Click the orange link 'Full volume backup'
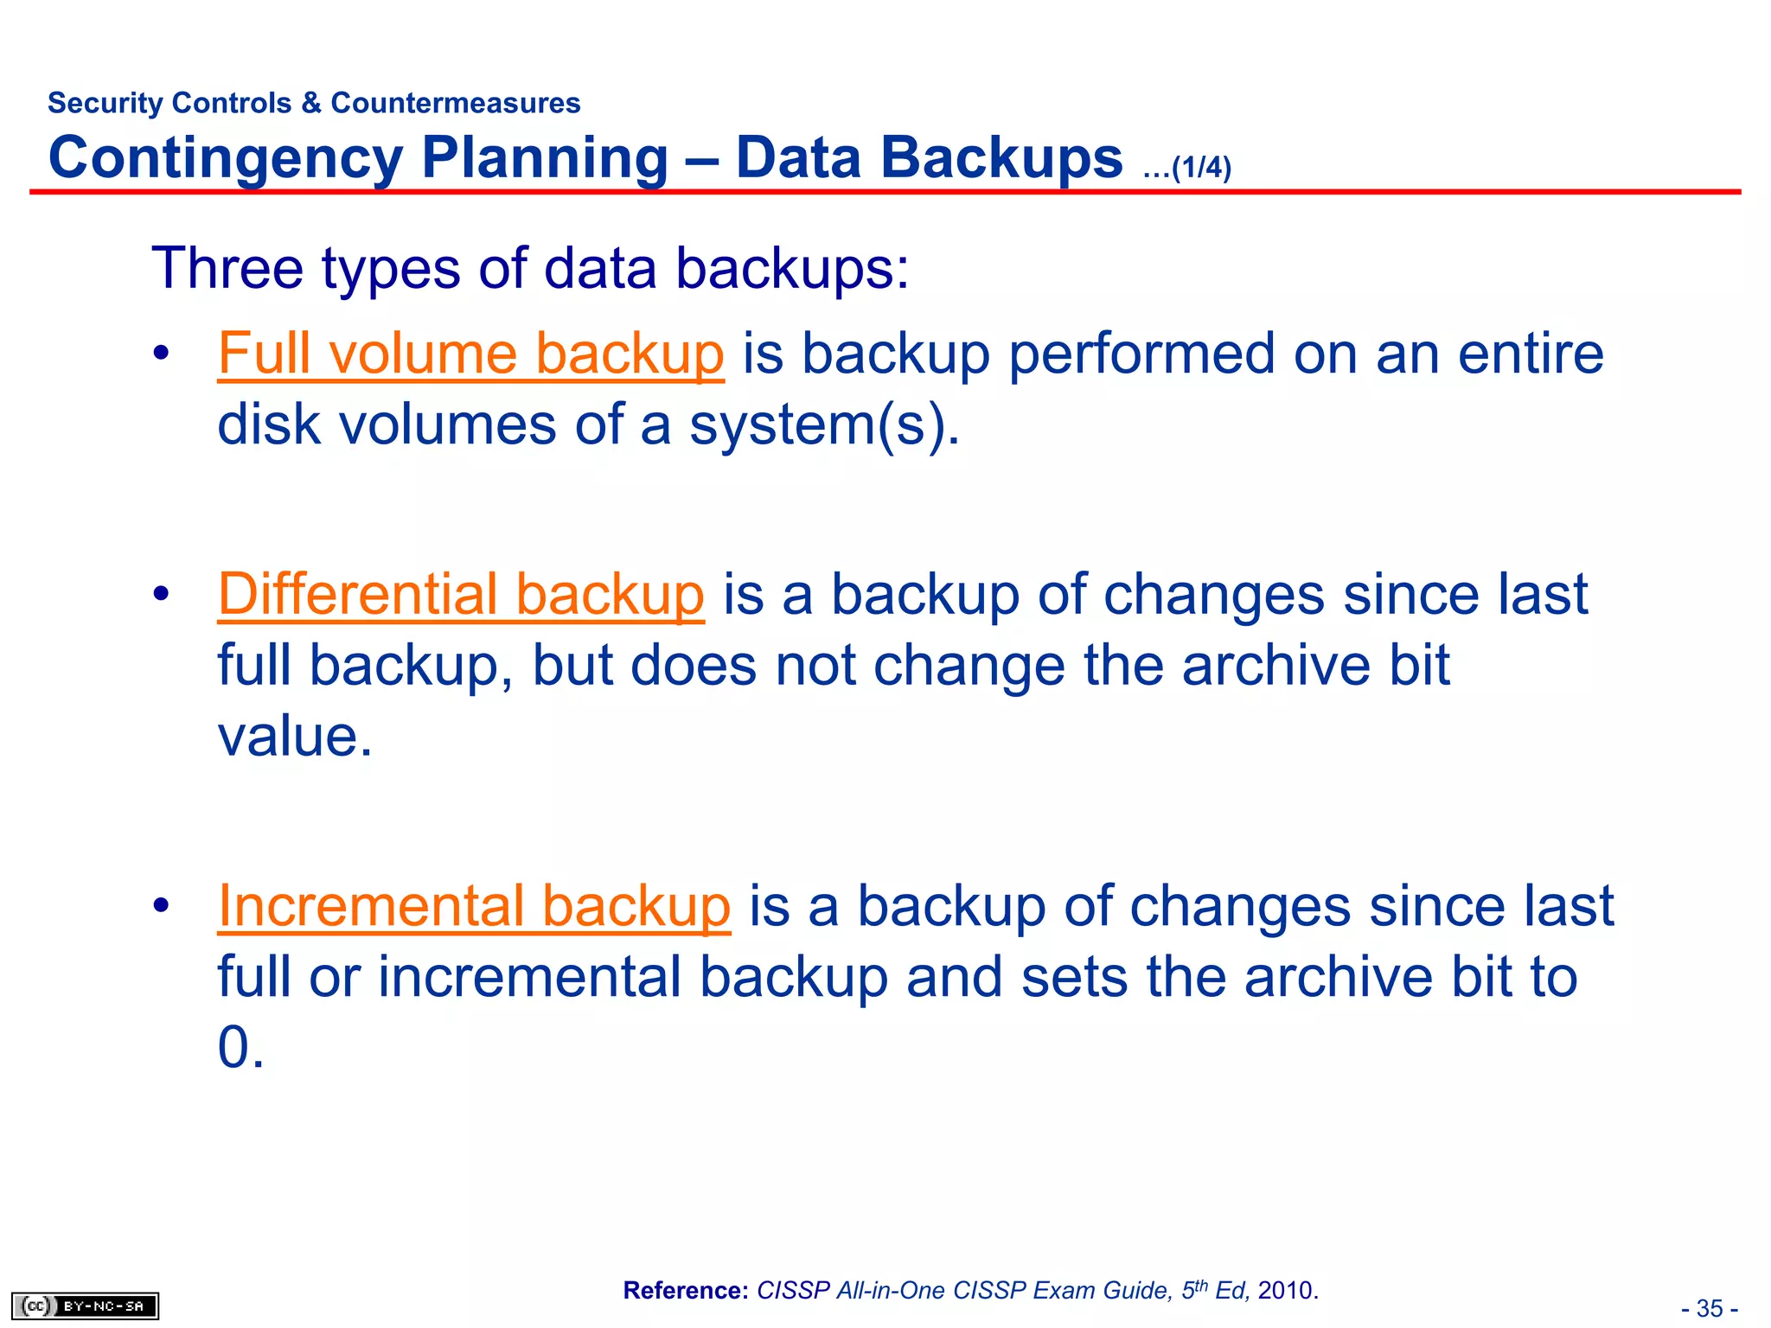click(470, 354)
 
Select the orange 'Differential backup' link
click(461, 596)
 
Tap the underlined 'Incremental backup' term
click(474, 907)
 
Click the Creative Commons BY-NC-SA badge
click(86, 1306)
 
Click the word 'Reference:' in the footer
click(686, 1291)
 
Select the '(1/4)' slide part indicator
click(1200, 167)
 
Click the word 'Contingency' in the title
click(226, 158)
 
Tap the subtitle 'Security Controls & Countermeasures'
click(314, 103)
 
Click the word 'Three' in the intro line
click(227, 268)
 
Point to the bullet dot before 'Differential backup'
click(161, 595)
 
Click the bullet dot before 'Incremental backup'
click(161, 906)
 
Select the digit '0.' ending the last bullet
click(240, 1048)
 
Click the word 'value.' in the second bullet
click(295, 737)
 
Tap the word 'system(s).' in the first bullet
click(824, 425)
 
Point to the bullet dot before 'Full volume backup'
click(161, 354)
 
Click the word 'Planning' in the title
click(546, 158)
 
